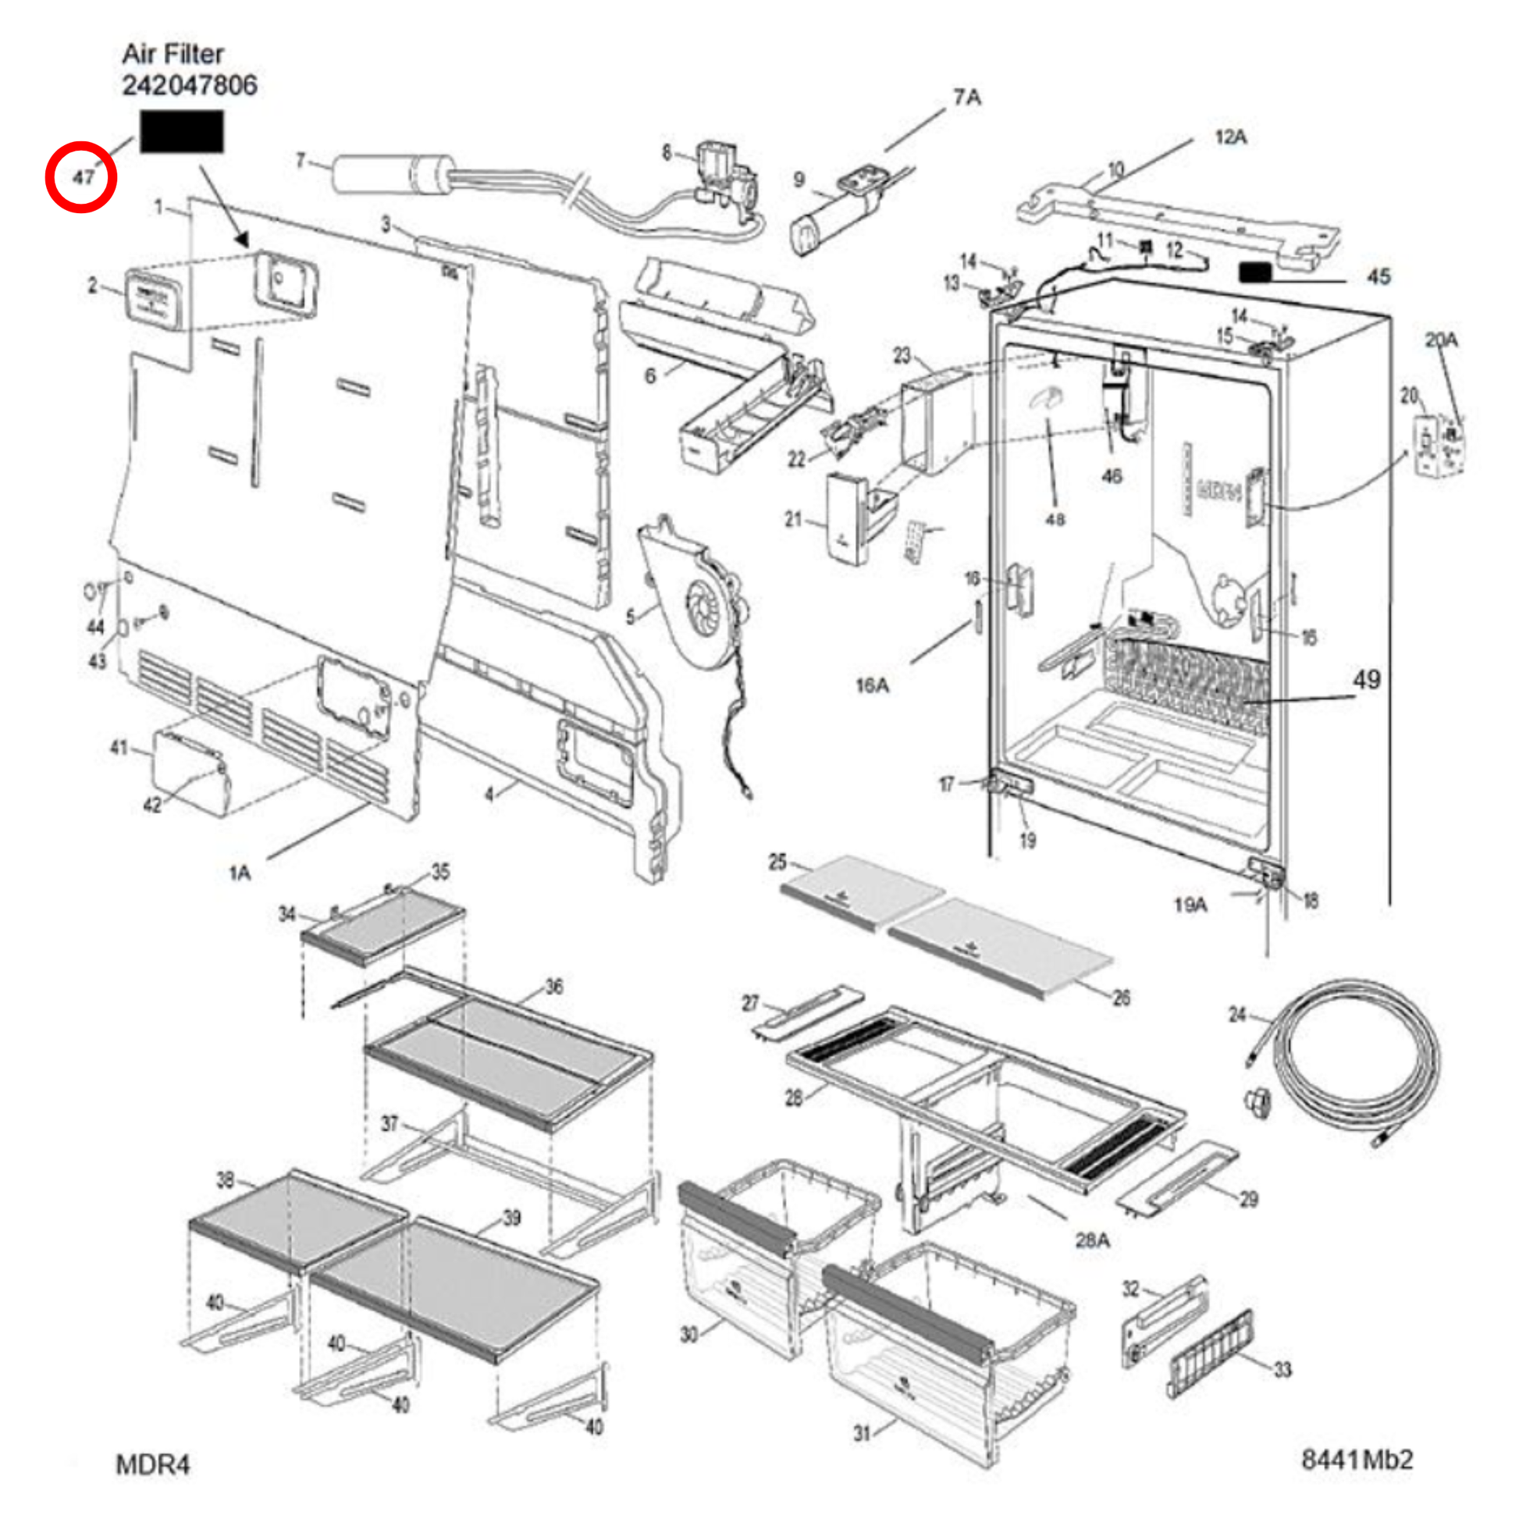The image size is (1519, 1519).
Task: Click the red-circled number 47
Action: click(x=82, y=177)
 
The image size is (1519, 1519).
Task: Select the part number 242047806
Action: click(x=190, y=85)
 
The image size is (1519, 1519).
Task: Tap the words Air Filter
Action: click(x=173, y=53)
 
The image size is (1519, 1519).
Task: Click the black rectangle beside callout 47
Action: click(x=182, y=131)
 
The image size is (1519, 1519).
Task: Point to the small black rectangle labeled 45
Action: click(x=1255, y=273)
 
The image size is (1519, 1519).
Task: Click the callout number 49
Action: click(x=1367, y=680)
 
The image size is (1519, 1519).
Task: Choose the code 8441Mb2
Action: click(x=1357, y=1460)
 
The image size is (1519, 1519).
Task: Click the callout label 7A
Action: click(x=967, y=98)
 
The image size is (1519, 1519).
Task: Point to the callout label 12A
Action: click(x=1230, y=137)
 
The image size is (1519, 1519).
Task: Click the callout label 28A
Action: click(x=1092, y=1240)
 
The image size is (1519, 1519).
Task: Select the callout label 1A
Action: click(x=240, y=873)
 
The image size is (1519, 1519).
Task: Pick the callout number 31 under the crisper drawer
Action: click(x=862, y=1433)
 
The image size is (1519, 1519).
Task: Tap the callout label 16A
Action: click(x=872, y=685)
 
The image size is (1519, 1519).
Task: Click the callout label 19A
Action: click(x=1190, y=905)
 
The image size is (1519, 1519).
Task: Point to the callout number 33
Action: click(x=1282, y=1370)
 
